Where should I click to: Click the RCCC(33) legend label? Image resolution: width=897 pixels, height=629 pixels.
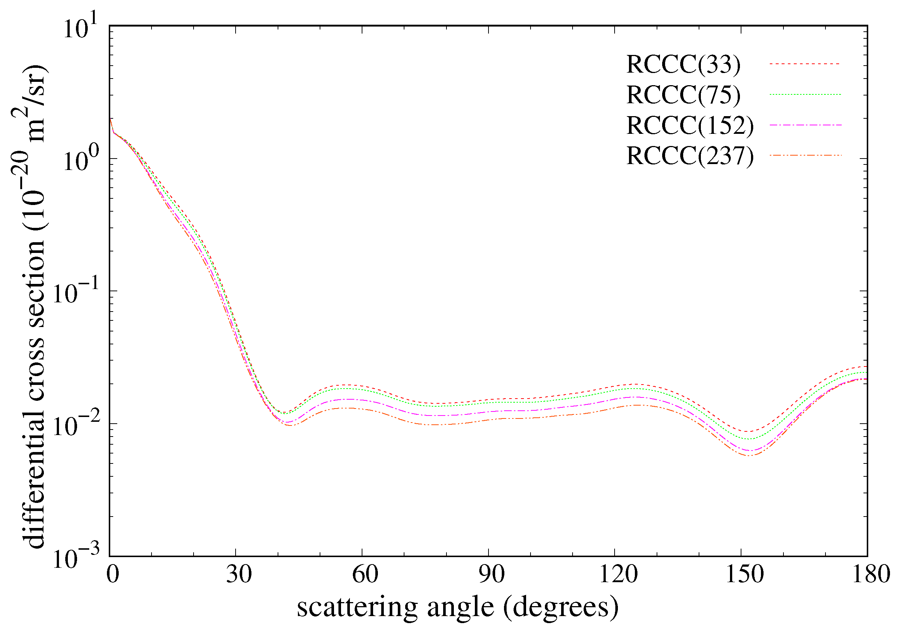coord(683,64)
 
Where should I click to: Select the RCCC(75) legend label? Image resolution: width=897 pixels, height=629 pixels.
coord(683,95)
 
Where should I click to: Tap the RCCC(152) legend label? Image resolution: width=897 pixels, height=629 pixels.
coord(689,125)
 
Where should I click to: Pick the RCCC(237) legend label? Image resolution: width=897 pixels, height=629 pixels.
coord(689,156)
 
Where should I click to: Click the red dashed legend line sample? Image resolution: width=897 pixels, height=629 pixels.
coord(805,64)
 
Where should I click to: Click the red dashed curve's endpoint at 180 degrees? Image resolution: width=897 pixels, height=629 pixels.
coord(867,366)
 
